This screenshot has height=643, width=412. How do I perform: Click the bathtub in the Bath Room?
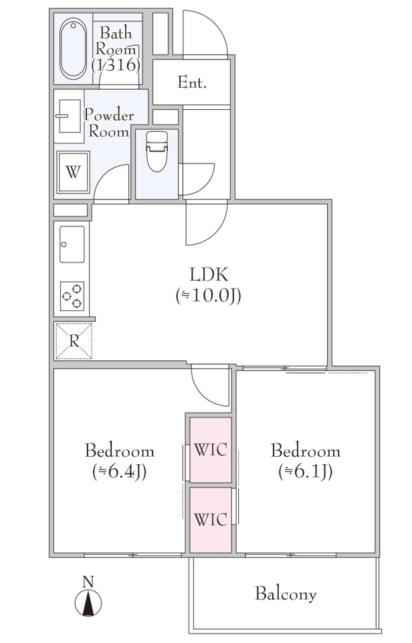[74, 48]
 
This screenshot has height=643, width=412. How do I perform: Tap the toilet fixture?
[157, 151]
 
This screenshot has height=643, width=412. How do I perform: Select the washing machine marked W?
[74, 172]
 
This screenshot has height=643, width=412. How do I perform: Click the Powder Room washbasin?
[69, 116]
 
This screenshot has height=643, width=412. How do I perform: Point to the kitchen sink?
[72, 244]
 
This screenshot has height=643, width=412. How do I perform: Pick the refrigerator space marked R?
[74, 341]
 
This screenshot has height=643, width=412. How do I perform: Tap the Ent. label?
[192, 82]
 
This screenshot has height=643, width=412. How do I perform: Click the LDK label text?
[209, 275]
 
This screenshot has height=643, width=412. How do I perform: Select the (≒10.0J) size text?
[209, 295]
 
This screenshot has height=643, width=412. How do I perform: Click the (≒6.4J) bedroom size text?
[120, 472]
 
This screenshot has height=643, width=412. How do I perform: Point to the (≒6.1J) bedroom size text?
[306, 472]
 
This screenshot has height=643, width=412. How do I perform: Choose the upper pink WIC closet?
[211, 450]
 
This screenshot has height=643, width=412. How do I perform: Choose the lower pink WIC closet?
[211, 520]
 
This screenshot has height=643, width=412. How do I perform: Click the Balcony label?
[286, 594]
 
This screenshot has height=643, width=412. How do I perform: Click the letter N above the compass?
[88, 582]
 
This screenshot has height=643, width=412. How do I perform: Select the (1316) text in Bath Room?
[116, 65]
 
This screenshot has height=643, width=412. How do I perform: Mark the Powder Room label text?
[108, 123]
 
